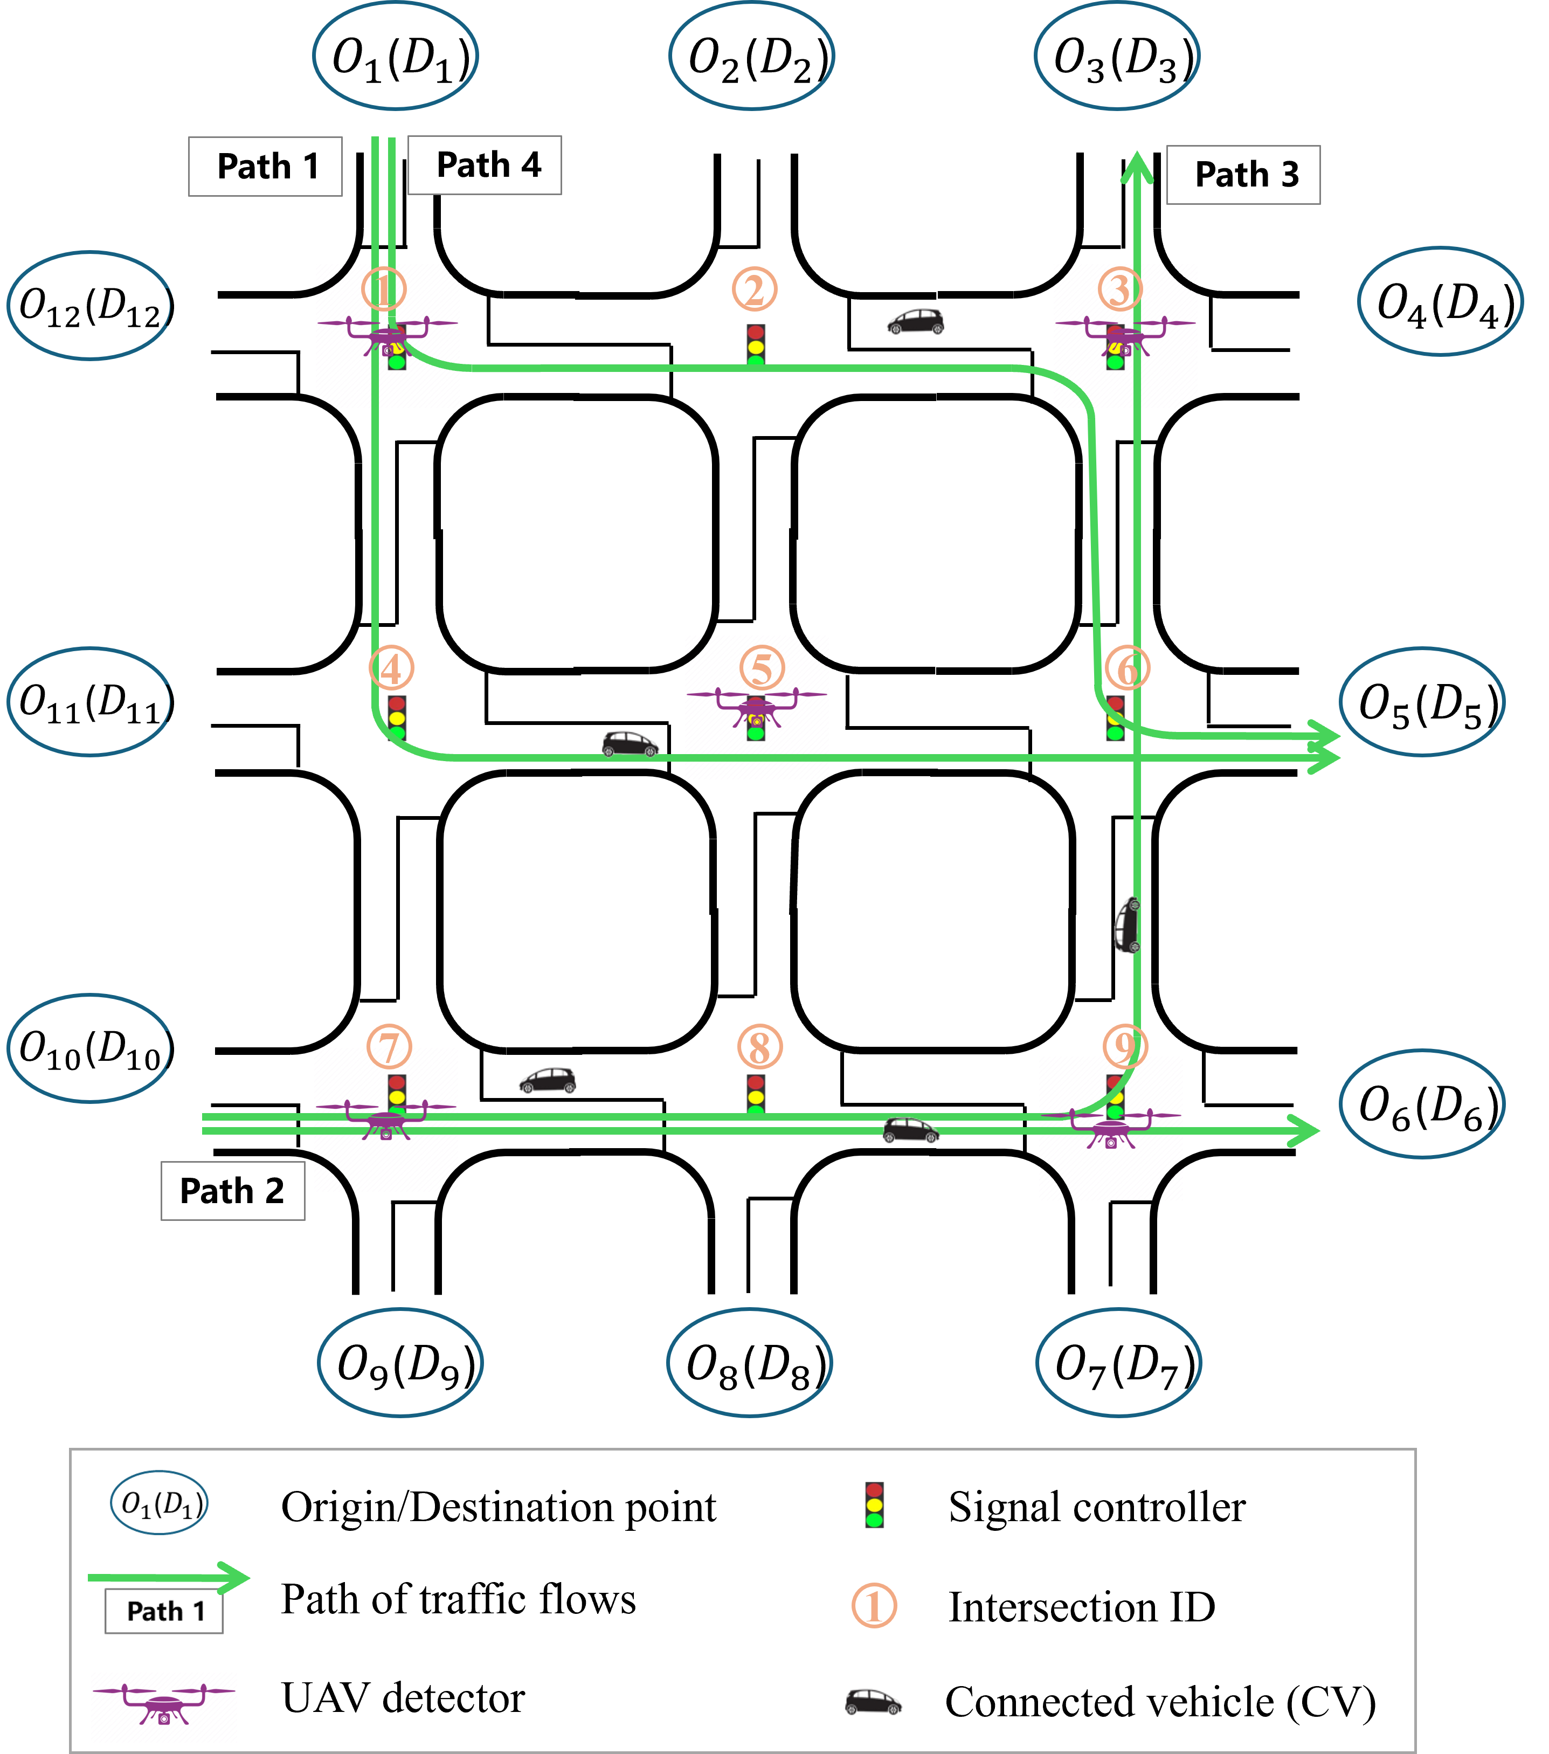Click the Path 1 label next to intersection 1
[265, 167]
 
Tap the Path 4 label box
[485, 165]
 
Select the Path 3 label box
[1243, 175]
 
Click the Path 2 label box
[232, 1191]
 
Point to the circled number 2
[755, 290]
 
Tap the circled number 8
[759, 1047]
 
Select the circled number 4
[391, 668]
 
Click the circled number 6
[1127, 668]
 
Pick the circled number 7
[390, 1047]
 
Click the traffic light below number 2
[755, 347]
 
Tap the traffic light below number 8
[755, 1097]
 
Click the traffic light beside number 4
[397, 718]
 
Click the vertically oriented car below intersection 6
[1128, 925]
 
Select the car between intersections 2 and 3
[916, 322]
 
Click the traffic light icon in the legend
[874, 1505]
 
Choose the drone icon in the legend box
[164, 1707]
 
